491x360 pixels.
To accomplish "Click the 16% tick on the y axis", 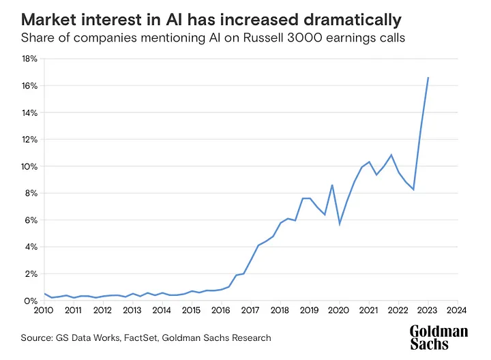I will pos(28,85).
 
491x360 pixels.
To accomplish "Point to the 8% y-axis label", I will pos(30,193).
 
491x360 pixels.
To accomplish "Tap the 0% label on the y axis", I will pos(30,301).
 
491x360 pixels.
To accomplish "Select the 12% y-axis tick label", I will pos(29,139).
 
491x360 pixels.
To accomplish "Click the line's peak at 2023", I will pos(428,78).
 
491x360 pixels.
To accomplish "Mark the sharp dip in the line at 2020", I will pos(340,224).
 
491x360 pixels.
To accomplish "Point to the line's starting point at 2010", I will pos(44,294).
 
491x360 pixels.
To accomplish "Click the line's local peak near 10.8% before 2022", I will pos(391,155).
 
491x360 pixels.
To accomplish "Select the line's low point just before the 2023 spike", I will pos(413,189).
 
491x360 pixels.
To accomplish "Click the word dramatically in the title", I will pos(345,16).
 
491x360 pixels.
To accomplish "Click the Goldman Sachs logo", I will pos(439,337).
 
